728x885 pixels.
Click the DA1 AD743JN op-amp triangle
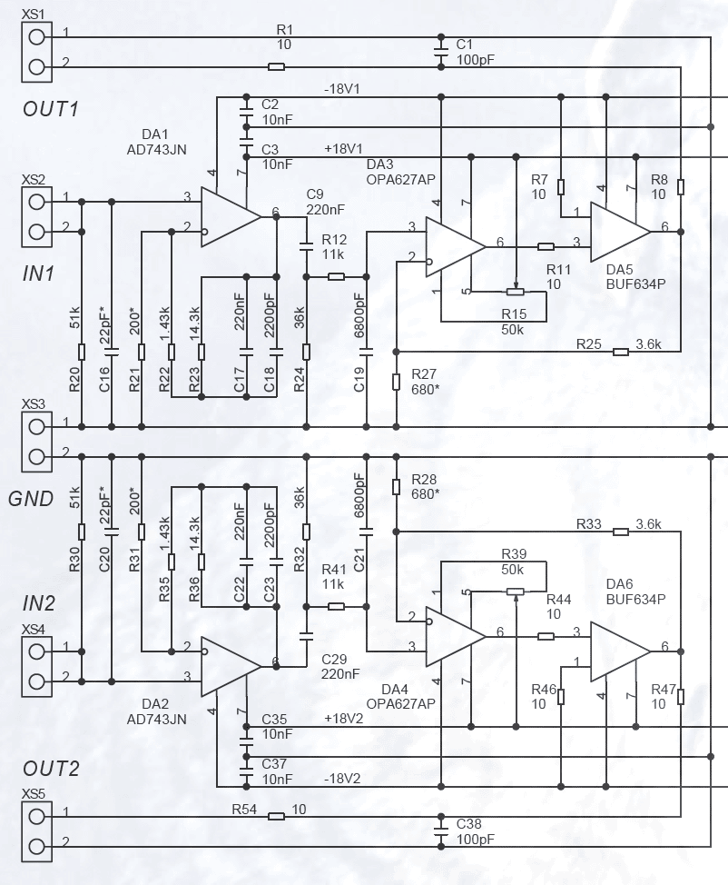click(230, 217)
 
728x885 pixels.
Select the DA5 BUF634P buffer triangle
click(620, 232)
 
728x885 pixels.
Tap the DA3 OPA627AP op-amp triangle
click(455, 246)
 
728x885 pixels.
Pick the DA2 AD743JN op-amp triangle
click(230, 667)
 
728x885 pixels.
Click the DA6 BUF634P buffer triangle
click(620, 651)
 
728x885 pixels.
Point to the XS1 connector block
click(36, 52)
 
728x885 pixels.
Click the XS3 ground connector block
click(36, 442)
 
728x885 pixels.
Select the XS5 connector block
click(36, 831)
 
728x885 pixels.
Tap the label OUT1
click(51, 109)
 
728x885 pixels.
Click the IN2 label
click(38, 603)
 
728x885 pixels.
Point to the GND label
click(31, 499)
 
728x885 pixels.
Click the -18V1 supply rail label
click(341, 89)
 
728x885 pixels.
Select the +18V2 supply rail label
click(343, 719)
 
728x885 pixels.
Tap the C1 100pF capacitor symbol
click(441, 52)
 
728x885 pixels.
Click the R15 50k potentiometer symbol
click(516, 292)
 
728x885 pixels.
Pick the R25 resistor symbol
click(621, 352)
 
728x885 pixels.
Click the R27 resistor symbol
click(396, 382)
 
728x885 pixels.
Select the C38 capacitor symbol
click(441, 831)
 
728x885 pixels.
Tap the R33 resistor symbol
click(621, 532)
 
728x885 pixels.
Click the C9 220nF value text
click(325, 209)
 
